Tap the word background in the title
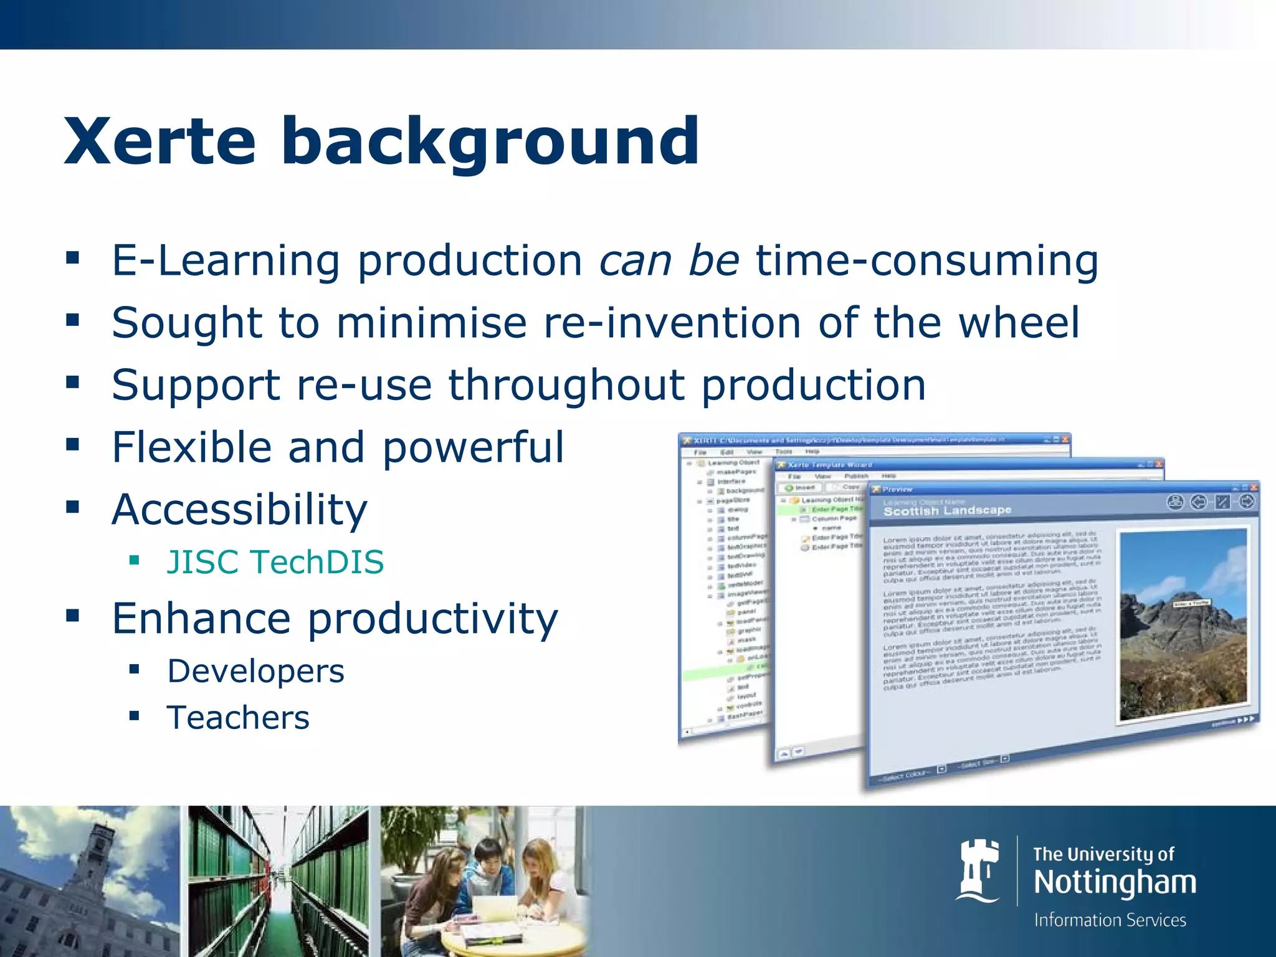click(x=490, y=143)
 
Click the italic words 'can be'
click(x=669, y=260)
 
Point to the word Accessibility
click(x=239, y=510)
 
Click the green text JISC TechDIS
click(x=275, y=562)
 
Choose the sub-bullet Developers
click(x=255, y=671)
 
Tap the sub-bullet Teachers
click(x=238, y=718)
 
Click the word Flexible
click(x=192, y=447)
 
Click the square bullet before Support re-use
click(x=73, y=382)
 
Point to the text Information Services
click(x=1110, y=920)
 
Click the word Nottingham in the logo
click(x=1115, y=883)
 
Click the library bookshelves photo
click(x=278, y=881)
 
